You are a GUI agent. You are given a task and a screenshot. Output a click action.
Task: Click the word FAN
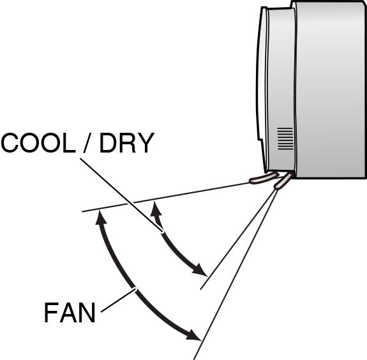click(70, 313)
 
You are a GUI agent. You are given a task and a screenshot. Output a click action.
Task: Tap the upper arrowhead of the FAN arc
click(99, 218)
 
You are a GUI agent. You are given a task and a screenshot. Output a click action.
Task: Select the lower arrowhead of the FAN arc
click(194, 335)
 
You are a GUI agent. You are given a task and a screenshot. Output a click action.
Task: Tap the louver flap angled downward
click(281, 182)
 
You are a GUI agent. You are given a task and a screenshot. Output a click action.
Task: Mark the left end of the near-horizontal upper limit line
click(84, 210)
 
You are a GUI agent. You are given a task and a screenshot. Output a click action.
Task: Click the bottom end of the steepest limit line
click(195, 358)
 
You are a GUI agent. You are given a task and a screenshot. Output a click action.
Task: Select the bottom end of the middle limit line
click(201, 289)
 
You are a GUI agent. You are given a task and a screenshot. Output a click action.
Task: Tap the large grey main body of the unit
click(332, 89)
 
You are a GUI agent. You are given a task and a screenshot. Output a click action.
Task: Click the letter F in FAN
click(51, 313)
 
